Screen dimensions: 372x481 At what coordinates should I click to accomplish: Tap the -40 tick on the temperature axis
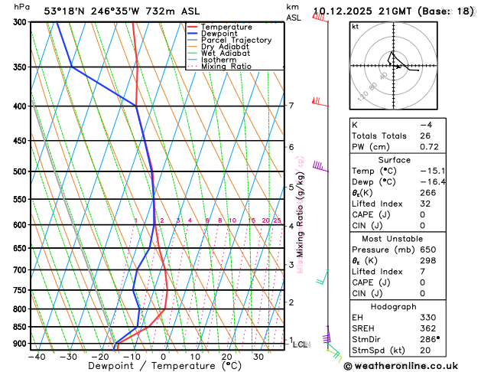pos(36,357)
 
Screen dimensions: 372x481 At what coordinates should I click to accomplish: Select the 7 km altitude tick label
pos(291,106)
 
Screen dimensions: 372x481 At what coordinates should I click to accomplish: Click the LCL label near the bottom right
pos(301,344)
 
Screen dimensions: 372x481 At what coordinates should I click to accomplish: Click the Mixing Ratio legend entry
pos(230,67)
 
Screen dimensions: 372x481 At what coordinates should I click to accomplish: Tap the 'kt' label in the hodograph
pos(355,26)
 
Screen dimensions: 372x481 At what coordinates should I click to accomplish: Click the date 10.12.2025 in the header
pos(345,11)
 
